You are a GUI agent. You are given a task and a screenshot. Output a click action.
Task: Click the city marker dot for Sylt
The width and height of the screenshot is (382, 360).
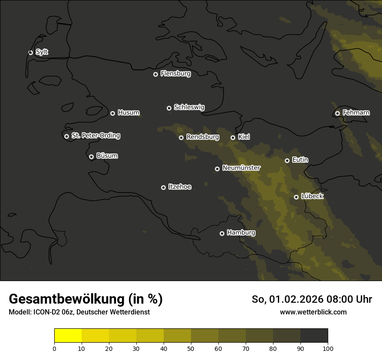(x=30, y=52)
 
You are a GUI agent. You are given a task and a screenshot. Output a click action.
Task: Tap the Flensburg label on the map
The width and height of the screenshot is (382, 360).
(x=175, y=74)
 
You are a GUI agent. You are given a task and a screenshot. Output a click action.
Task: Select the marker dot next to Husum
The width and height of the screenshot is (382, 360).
(x=112, y=113)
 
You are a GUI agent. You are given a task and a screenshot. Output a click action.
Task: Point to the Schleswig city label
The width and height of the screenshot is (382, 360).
(x=189, y=107)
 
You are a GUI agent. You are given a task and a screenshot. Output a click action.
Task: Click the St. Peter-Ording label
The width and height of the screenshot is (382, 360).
(x=95, y=136)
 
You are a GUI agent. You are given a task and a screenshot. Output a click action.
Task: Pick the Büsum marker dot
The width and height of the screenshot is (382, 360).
(x=91, y=157)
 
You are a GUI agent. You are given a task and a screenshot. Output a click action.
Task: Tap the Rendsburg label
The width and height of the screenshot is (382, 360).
(x=202, y=137)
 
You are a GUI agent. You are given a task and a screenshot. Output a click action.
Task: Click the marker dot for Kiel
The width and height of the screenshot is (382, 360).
(x=233, y=137)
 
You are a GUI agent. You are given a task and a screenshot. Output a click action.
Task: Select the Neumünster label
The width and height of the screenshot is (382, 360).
(x=241, y=168)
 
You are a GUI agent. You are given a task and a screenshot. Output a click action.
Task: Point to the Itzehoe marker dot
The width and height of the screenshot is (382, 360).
(x=163, y=187)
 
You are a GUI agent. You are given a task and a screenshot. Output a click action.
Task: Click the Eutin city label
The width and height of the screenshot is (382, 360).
(x=300, y=160)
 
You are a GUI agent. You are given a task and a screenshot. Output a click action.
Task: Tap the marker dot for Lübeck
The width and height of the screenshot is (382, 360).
(x=296, y=197)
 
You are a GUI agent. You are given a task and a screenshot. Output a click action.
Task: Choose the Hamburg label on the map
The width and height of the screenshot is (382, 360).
(x=241, y=233)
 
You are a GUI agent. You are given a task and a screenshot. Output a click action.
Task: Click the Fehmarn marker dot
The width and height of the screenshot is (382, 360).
(x=337, y=113)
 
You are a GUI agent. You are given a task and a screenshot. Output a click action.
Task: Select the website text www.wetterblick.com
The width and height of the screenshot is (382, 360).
(x=313, y=312)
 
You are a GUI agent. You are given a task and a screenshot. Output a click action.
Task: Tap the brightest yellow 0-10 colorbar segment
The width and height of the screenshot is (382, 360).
(x=68, y=335)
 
